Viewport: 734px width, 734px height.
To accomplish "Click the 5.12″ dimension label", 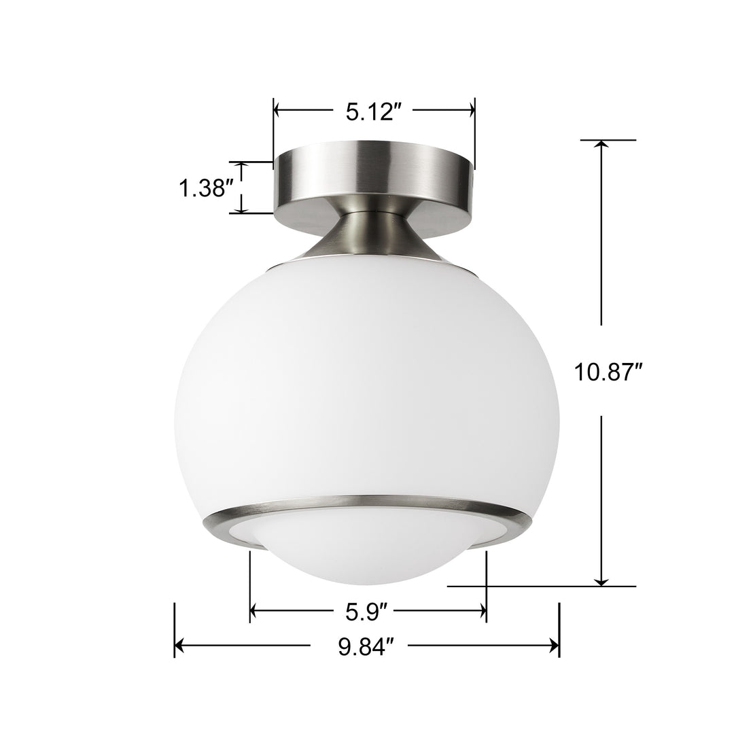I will (x=370, y=111).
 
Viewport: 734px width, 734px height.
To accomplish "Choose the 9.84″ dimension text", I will (x=367, y=645).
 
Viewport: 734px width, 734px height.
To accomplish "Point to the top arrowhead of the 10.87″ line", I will (x=601, y=145).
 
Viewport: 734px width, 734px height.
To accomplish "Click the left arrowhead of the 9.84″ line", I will (x=181, y=645).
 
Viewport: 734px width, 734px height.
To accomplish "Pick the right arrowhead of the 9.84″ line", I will (x=553, y=645).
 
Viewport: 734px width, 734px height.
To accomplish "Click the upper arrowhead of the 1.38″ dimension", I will (x=239, y=167).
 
